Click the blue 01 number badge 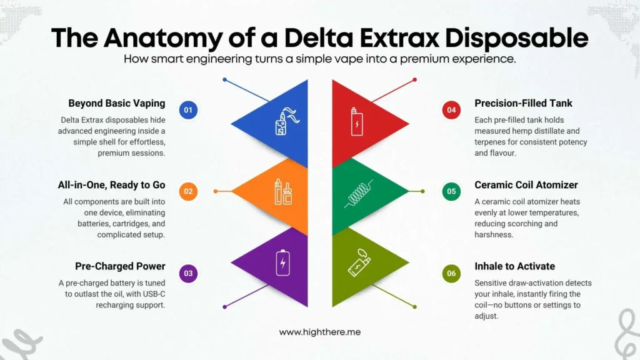coord(187,111)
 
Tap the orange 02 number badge coord(187,191)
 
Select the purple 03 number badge coord(187,273)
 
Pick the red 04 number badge coord(451,111)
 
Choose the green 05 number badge coord(451,191)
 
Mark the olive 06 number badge coord(451,273)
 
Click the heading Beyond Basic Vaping coord(117,103)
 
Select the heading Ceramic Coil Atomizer coord(525,184)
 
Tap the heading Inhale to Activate coord(514,267)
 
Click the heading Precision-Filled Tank coord(523,103)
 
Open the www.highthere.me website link coord(320,332)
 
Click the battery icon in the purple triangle coord(284,262)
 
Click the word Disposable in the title coord(514,37)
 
